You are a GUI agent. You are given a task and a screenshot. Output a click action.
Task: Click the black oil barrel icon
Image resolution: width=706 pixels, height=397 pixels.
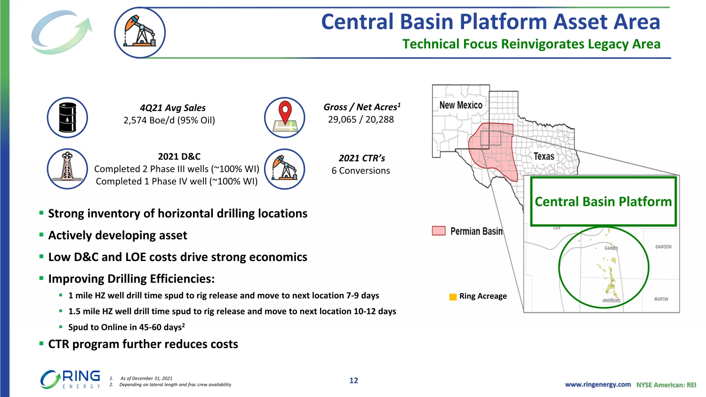pos(67,117)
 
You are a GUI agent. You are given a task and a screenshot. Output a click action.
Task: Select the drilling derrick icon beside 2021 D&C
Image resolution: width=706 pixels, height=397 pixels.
pos(67,167)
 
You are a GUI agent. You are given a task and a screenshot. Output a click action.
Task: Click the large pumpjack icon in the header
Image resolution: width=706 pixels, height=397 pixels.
pos(140,32)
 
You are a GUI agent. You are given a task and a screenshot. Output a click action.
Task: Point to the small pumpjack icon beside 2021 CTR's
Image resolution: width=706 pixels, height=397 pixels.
pos(285,167)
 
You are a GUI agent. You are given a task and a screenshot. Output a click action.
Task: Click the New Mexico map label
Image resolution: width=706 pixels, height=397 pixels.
pos(461,105)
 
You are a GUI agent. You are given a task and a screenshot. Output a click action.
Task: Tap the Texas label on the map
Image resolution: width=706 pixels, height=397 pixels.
pos(544,156)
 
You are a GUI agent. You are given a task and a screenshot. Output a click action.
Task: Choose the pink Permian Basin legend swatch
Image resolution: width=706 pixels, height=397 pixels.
pos(438,231)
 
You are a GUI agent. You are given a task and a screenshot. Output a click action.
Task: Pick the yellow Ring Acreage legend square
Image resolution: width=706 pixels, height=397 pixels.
pos(453,297)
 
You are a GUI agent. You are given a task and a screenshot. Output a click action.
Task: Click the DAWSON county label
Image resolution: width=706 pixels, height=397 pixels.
pos(664,246)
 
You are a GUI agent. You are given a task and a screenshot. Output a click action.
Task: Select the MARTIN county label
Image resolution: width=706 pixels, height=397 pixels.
pos(661,299)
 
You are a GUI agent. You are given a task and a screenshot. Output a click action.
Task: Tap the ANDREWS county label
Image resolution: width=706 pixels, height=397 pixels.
pos(611,301)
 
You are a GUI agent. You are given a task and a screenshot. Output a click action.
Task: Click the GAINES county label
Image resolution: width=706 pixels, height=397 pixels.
pos(611,248)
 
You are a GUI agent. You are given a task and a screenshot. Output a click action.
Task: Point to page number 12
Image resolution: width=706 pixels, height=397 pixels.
pos(353,381)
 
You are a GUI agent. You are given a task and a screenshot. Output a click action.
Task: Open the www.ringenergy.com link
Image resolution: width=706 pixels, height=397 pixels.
pos(598,385)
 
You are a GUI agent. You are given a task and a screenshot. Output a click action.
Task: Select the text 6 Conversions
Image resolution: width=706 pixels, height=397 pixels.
pos(361,170)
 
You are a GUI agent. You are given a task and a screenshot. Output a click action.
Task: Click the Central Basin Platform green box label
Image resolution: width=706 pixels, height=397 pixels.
pos(603,202)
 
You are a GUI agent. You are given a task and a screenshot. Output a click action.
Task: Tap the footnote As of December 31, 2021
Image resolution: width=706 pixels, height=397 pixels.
pos(146,378)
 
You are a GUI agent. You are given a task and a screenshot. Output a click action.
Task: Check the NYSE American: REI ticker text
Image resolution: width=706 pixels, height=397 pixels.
pos(666,385)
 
